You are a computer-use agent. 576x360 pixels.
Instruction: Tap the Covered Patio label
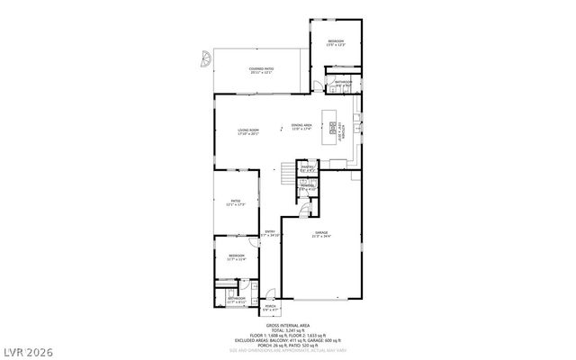point(262,68)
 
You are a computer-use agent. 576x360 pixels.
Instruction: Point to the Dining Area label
point(301,127)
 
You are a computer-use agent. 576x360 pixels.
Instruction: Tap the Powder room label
point(307,187)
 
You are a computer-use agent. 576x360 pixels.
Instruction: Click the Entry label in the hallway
point(269,233)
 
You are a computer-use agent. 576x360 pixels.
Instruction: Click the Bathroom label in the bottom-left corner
point(236,300)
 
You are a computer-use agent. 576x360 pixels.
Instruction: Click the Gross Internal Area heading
point(288,325)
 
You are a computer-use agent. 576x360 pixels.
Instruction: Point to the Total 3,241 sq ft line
point(288,330)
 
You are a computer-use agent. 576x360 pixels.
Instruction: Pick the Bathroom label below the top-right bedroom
point(344,84)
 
